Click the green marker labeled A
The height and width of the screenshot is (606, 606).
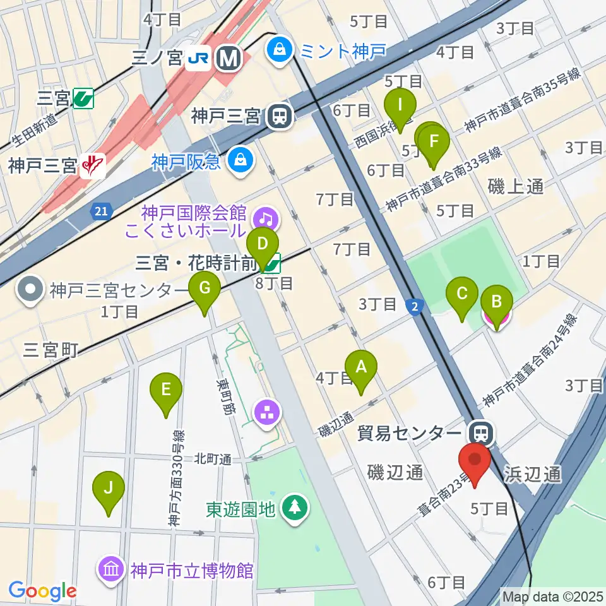coord(361,367)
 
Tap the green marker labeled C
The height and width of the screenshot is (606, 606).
coord(462,294)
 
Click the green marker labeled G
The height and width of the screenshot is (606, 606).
coord(205,288)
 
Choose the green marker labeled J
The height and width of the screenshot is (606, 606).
coord(109,489)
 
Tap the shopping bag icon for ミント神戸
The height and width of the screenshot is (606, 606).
coord(278,49)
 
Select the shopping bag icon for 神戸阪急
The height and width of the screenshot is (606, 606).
coord(241,161)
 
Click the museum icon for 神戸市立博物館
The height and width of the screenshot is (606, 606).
coord(110,570)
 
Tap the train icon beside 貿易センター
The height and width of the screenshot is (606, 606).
coord(481,434)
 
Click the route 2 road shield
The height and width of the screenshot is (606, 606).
coord(413,306)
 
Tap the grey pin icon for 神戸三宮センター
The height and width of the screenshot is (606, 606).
coord(32,290)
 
